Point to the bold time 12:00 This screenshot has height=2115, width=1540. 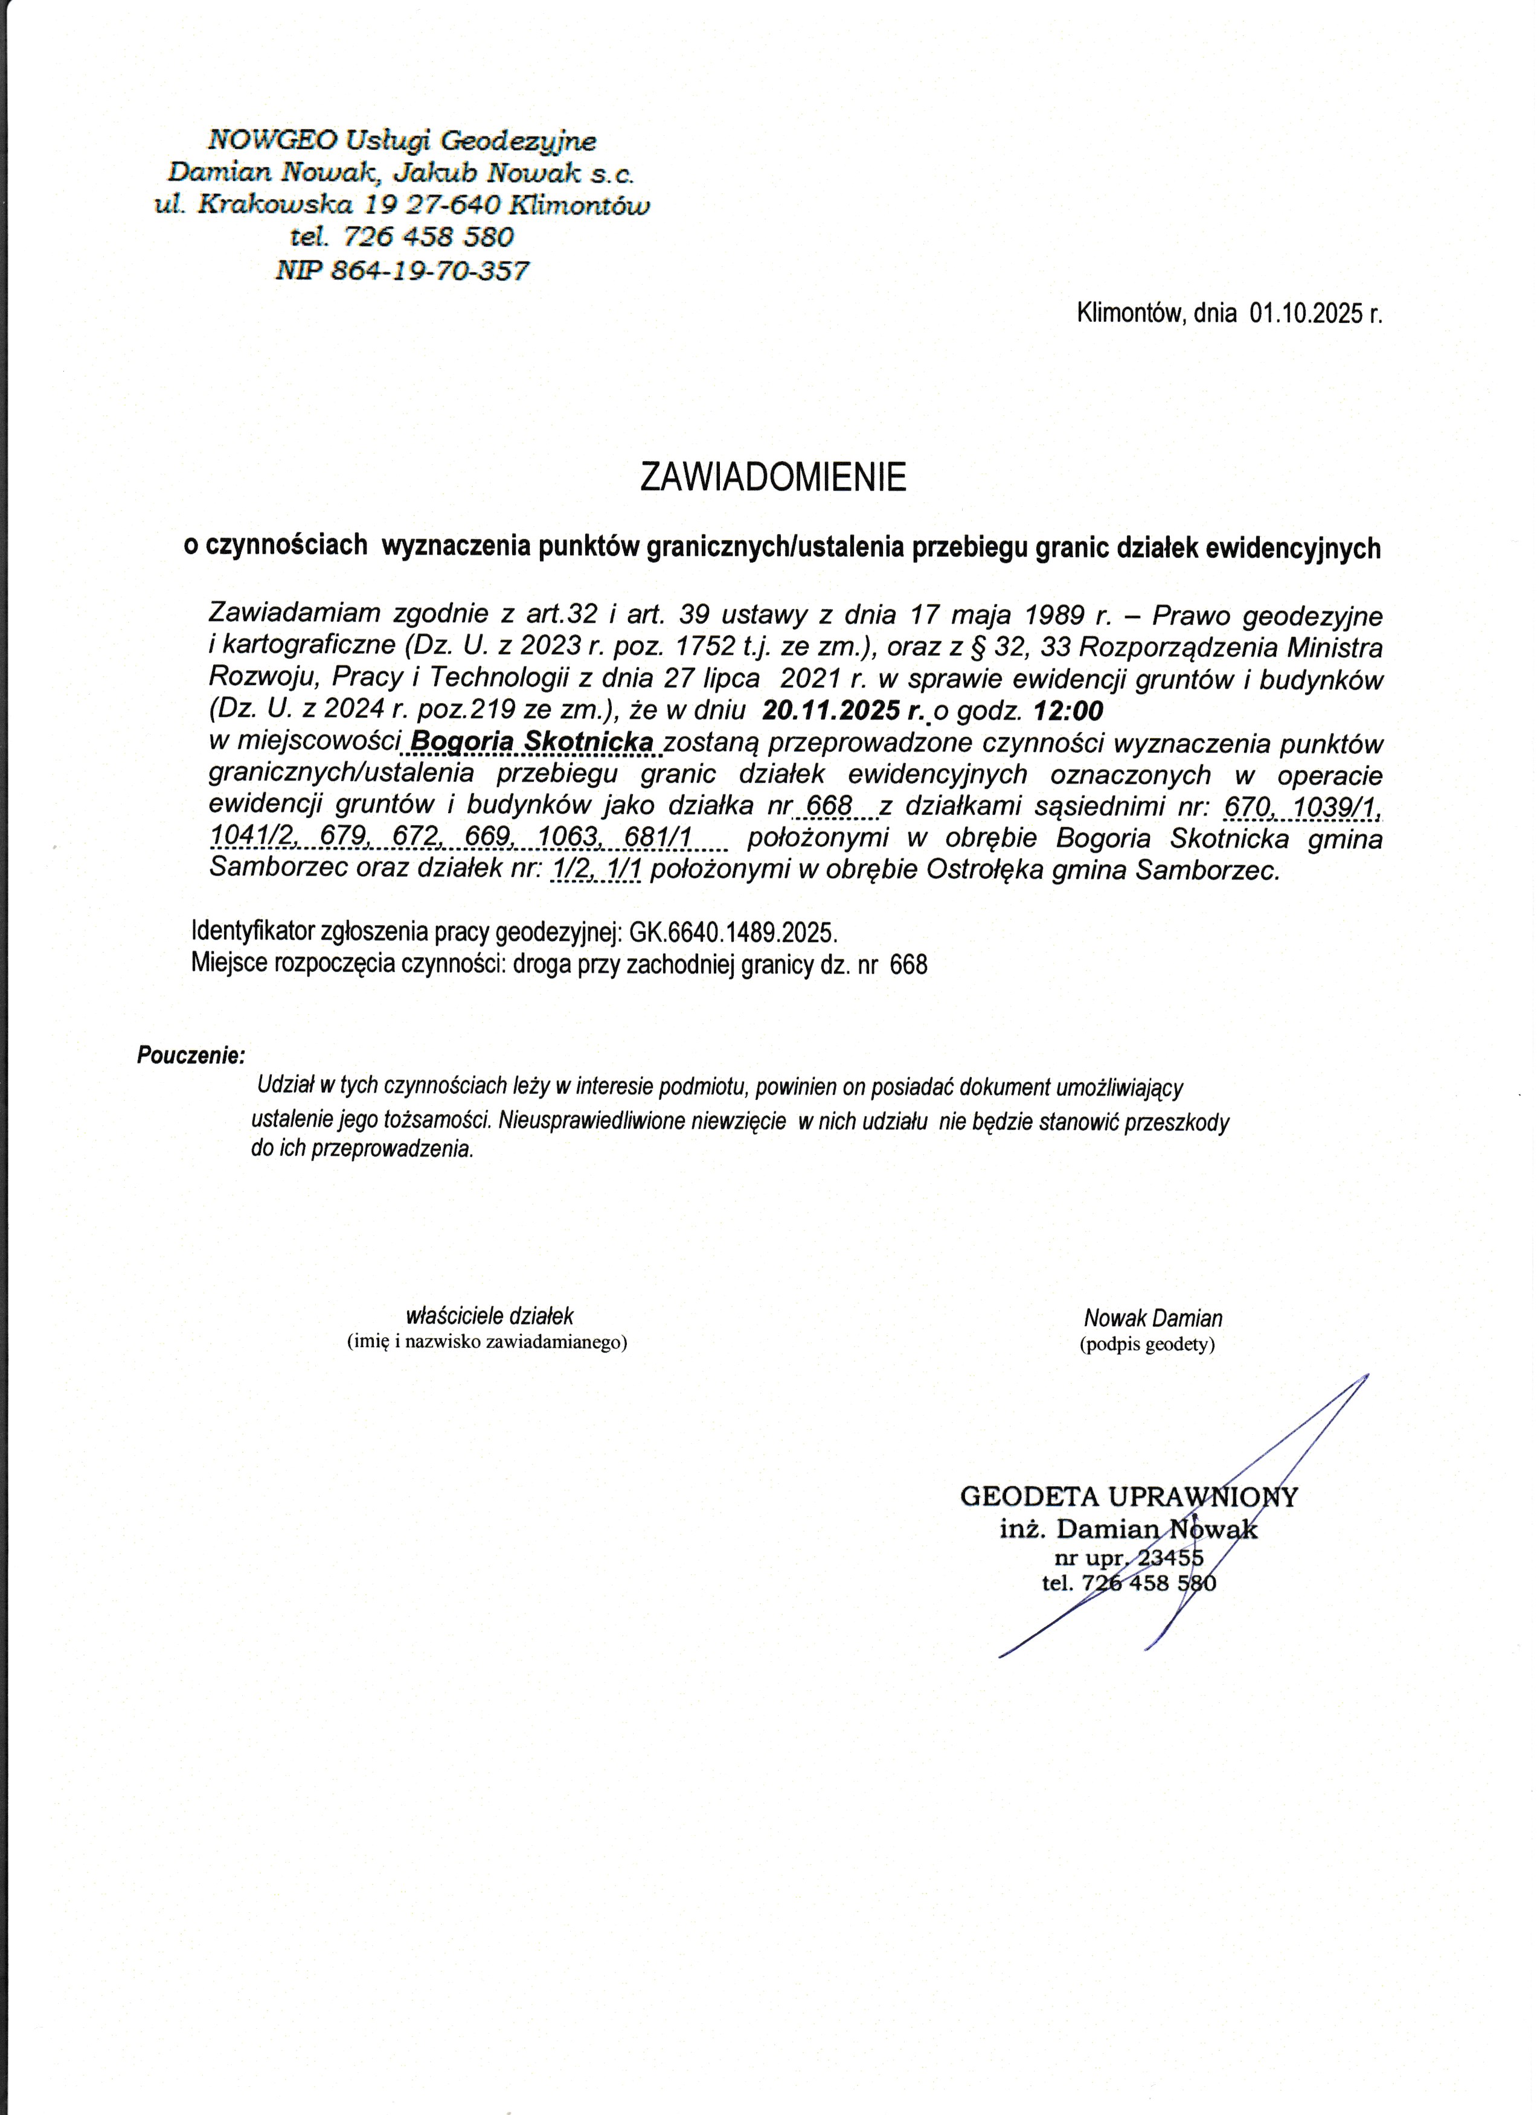pyautogui.click(x=1069, y=712)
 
